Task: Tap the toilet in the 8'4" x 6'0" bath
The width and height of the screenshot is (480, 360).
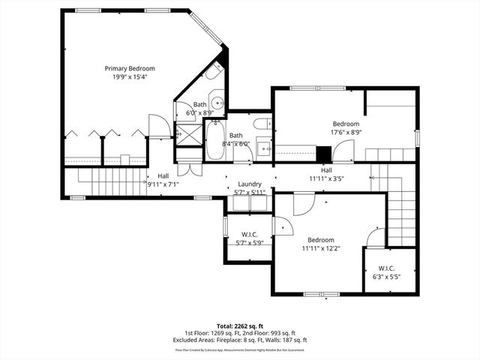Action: pyautogui.click(x=262, y=124)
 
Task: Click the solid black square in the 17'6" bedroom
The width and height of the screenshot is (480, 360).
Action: pyautogui.click(x=323, y=153)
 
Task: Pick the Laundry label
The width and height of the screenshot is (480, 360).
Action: pyautogui.click(x=249, y=184)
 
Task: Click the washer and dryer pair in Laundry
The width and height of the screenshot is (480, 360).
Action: pyautogui.click(x=249, y=198)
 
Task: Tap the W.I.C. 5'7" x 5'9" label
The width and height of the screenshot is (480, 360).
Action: pyautogui.click(x=249, y=238)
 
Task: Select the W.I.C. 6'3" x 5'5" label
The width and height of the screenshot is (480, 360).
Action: pyautogui.click(x=386, y=272)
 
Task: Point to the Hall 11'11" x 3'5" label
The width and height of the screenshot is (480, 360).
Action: pyautogui.click(x=326, y=175)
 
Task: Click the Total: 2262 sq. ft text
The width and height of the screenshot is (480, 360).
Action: pyautogui.click(x=240, y=326)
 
